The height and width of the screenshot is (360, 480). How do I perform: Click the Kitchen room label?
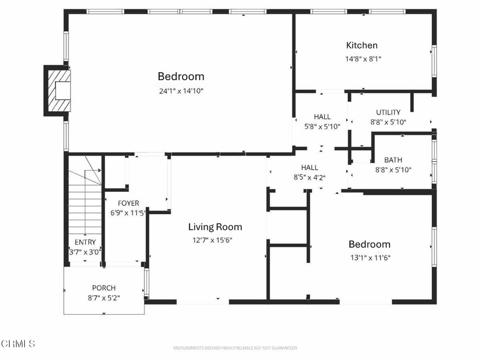361,45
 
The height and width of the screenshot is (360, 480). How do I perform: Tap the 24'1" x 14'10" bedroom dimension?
181,91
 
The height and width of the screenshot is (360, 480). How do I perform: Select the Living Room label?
215,227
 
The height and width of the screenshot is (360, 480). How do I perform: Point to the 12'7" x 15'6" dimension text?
212,240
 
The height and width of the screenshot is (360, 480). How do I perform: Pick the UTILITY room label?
388,112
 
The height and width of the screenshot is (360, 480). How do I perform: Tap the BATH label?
393,160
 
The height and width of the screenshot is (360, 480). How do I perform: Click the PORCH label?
104,288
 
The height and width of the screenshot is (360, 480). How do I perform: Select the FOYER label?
128,203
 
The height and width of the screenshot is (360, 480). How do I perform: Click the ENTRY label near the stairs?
85,242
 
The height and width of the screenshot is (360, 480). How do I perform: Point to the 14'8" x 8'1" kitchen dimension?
363,59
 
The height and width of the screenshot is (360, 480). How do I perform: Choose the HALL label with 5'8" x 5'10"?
322,117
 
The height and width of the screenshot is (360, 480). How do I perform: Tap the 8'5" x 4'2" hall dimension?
309,177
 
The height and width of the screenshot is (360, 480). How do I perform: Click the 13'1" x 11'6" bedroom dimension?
370,258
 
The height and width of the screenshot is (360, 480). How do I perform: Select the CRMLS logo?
18,344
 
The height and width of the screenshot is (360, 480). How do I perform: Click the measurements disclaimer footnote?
235,348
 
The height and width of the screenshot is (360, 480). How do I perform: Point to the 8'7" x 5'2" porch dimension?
104,298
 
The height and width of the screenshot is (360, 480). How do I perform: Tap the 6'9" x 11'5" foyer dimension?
127,213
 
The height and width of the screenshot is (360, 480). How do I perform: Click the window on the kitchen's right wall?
434,61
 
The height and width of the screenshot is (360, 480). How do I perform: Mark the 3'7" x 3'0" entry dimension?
85,252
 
